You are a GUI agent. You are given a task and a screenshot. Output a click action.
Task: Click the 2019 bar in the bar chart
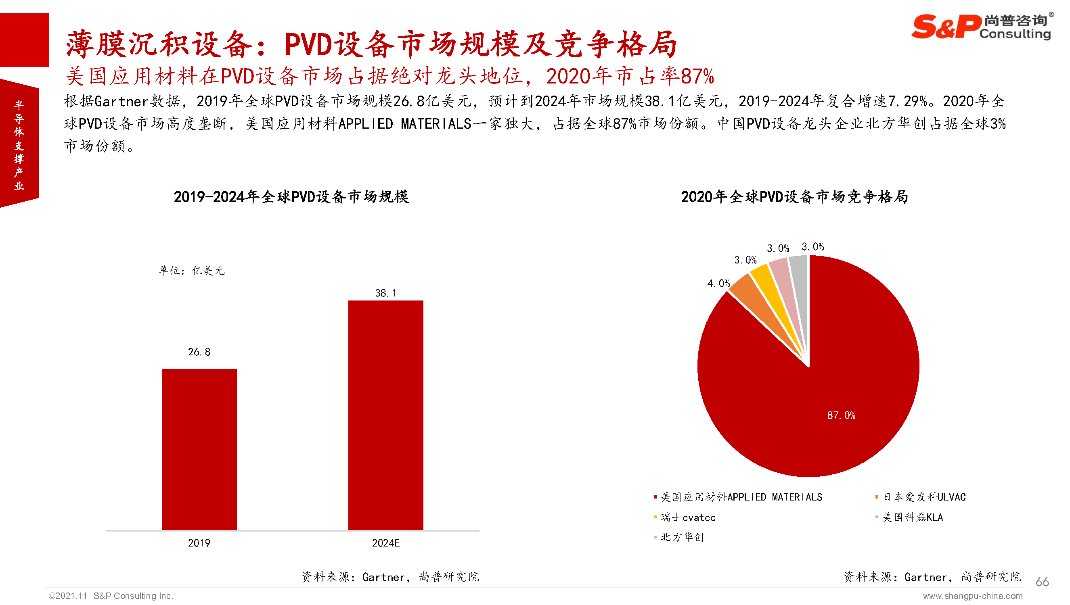pyautogui.click(x=199, y=449)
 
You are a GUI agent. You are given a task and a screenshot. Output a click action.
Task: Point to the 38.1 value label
pyautogui.click(x=385, y=293)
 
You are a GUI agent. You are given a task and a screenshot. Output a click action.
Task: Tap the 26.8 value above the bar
pyautogui.click(x=199, y=352)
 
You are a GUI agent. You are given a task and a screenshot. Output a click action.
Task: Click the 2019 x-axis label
pyautogui.click(x=199, y=543)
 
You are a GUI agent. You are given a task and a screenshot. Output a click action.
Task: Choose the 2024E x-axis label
pyautogui.click(x=385, y=543)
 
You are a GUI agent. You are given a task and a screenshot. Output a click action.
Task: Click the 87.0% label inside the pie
pyautogui.click(x=841, y=415)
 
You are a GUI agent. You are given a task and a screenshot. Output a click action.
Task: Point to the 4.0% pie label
pyautogui.click(x=718, y=284)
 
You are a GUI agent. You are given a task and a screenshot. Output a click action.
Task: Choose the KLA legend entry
pyautogui.click(x=913, y=517)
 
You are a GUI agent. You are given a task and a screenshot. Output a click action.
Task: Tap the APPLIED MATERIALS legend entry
pyautogui.click(x=741, y=497)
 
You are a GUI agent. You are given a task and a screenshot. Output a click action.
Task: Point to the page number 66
pyautogui.click(x=1042, y=582)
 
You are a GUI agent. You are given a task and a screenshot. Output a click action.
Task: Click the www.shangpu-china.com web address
pyautogui.click(x=972, y=596)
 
